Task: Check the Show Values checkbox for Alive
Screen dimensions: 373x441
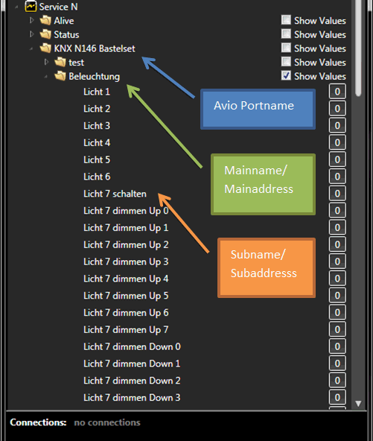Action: [286, 20]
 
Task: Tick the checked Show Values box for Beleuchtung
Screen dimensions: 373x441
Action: [286, 75]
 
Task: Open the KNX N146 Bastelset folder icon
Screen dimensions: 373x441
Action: [45, 48]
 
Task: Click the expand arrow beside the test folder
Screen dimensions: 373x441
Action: [46, 62]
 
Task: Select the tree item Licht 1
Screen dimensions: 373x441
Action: [97, 92]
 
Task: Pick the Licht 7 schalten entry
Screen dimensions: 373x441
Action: [115, 194]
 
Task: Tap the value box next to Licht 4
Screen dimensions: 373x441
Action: [337, 142]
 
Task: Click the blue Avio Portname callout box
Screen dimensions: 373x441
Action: [258, 109]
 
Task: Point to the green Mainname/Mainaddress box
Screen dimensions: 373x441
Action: [263, 185]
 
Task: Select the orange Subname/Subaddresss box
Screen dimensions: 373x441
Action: [267, 267]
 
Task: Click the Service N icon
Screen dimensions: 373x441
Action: [31, 7]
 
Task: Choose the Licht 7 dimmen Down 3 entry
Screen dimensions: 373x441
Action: [132, 397]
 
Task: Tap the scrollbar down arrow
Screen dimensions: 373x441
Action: [358, 404]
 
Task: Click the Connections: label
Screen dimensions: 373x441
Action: [38, 422]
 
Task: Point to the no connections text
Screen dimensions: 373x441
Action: [107, 422]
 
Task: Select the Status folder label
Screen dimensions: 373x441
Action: [66, 34]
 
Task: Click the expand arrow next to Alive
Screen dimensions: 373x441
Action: [32, 20]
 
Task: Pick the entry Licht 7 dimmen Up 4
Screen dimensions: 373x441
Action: [126, 279]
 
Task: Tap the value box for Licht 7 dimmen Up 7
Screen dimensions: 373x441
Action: [337, 329]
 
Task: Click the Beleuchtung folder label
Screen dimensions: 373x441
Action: [94, 76]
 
